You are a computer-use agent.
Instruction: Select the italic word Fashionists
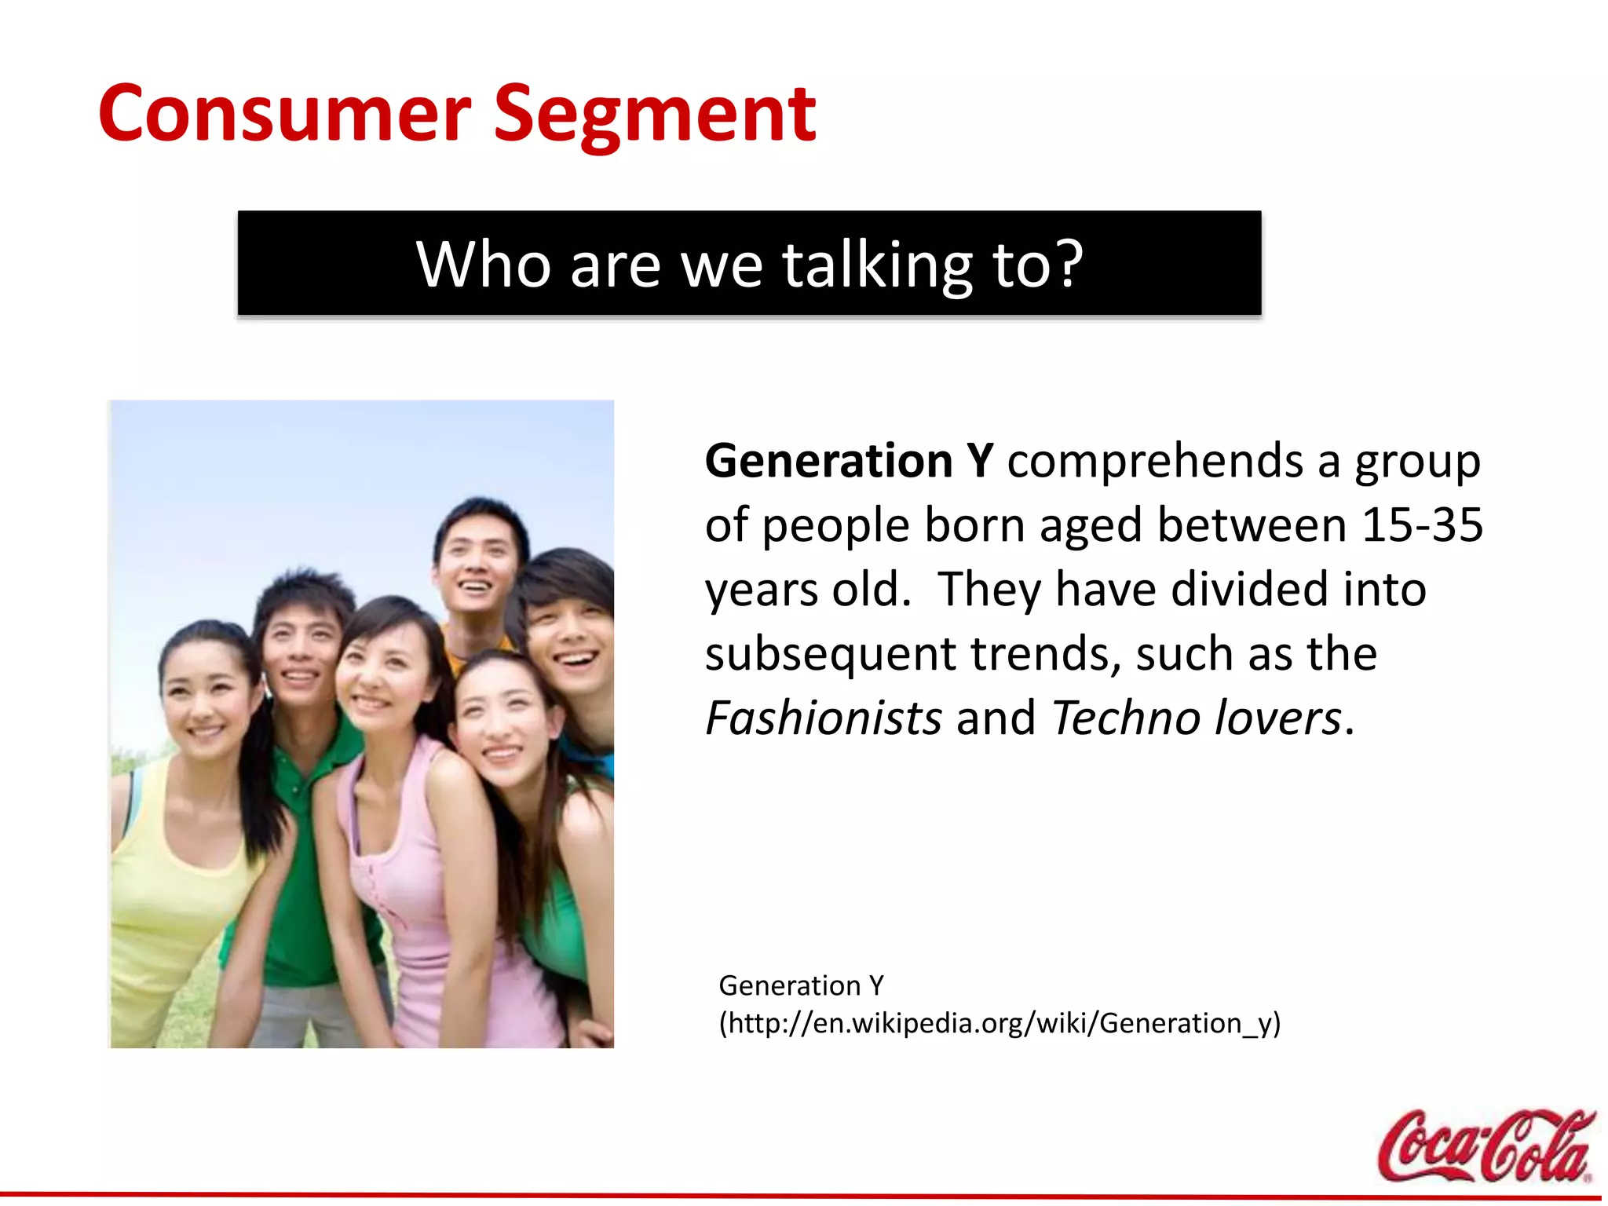(823, 718)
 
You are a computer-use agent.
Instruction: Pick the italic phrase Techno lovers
(1196, 718)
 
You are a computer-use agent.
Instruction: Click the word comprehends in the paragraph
(1155, 462)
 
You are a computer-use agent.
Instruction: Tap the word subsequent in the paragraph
(830, 655)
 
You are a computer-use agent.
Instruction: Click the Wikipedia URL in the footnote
(999, 1024)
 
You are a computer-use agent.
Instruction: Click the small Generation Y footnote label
(801, 985)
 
